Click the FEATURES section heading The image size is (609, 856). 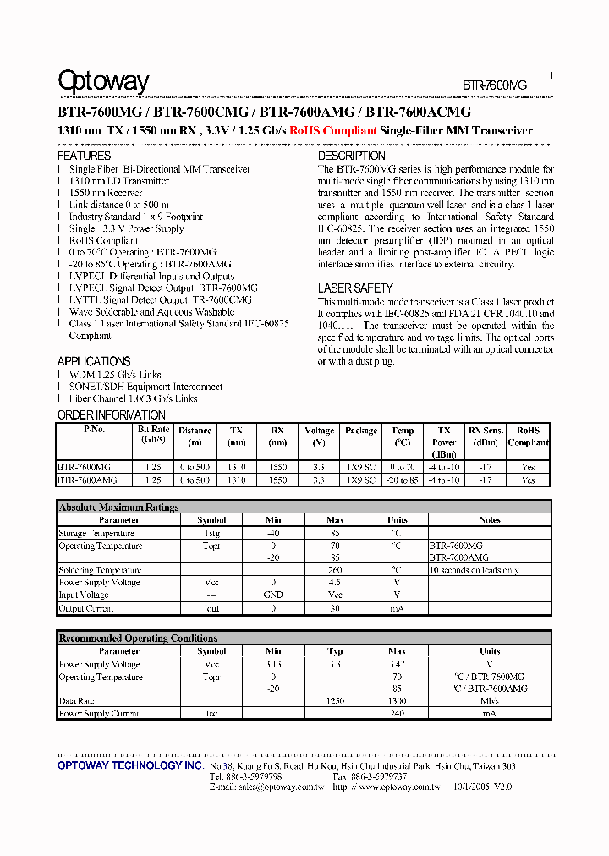[84, 156]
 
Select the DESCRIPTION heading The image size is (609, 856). [351, 156]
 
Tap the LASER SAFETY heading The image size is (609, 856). [355, 288]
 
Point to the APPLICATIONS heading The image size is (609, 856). [94, 361]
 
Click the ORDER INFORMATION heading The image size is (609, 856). [111, 415]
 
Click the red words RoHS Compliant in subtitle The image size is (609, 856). [332, 131]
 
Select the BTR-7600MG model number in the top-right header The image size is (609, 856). [494, 85]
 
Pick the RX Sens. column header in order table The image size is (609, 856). [485, 436]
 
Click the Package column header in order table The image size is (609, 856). [361, 431]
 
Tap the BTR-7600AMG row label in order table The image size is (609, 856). [84, 480]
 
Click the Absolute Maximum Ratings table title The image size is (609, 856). [118, 508]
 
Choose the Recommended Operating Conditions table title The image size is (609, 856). [138, 639]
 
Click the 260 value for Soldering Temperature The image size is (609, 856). [335, 570]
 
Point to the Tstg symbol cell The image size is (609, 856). [211, 534]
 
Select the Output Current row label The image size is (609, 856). [85, 609]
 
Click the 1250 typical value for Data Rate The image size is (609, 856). [335, 701]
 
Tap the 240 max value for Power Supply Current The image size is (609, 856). [397, 714]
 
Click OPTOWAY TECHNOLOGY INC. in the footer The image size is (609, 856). [129, 765]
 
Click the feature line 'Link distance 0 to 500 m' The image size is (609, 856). [118, 205]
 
